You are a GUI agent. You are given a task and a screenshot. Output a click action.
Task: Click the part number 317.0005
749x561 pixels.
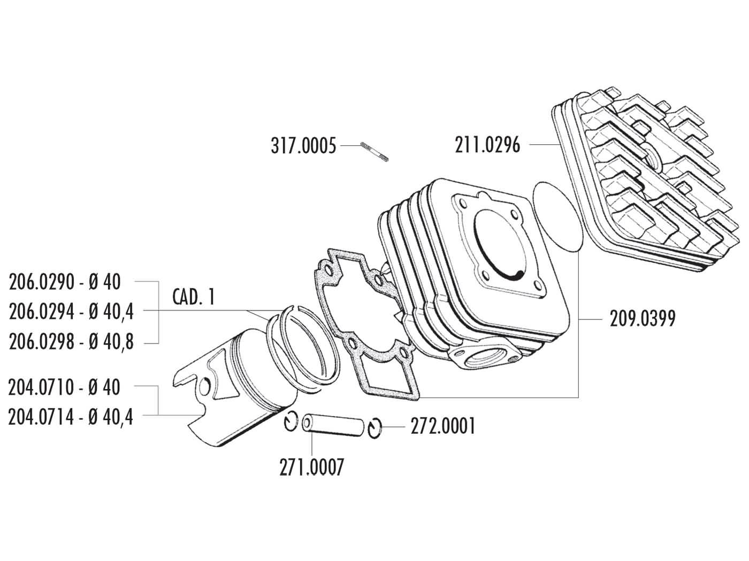(303, 145)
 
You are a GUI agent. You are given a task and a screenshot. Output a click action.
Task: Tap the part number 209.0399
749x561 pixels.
(643, 319)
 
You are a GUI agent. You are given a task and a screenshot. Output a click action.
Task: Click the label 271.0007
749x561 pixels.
(311, 467)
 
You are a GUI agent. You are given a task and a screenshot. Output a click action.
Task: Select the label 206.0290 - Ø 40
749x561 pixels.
(65, 282)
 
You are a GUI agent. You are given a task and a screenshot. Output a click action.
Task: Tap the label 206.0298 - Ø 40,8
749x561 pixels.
(71, 342)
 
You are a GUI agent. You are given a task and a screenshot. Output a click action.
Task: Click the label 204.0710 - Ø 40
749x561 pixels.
(65, 387)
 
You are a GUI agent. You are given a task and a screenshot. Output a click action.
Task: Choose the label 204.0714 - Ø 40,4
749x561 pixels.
(71, 416)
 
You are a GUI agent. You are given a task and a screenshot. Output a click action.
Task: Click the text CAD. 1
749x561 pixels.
(194, 297)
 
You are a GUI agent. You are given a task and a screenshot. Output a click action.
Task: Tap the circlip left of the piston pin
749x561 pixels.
(291, 422)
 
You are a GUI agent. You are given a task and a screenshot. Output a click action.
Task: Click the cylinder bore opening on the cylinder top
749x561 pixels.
(499, 246)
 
